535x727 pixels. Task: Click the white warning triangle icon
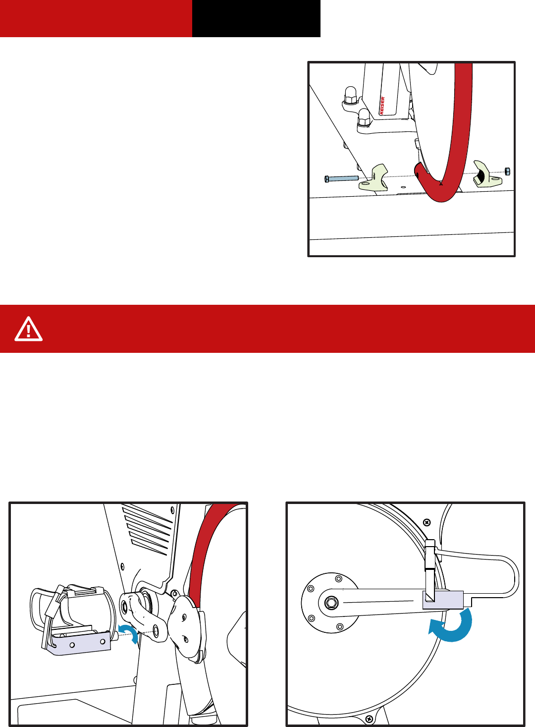(x=28, y=329)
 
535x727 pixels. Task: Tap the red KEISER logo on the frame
(x=382, y=106)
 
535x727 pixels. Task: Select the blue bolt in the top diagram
(x=341, y=178)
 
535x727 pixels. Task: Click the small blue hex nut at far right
(x=507, y=171)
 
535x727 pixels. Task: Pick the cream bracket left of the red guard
(x=374, y=178)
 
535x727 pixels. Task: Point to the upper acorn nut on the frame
(x=351, y=95)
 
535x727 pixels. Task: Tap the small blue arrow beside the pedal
(x=130, y=633)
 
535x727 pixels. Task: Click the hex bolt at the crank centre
(x=330, y=603)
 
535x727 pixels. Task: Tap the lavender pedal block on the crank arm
(x=443, y=600)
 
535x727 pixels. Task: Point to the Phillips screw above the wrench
(x=428, y=522)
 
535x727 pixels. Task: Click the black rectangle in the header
(x=256, y=18)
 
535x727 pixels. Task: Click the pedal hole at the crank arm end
(x=156, y=630)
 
